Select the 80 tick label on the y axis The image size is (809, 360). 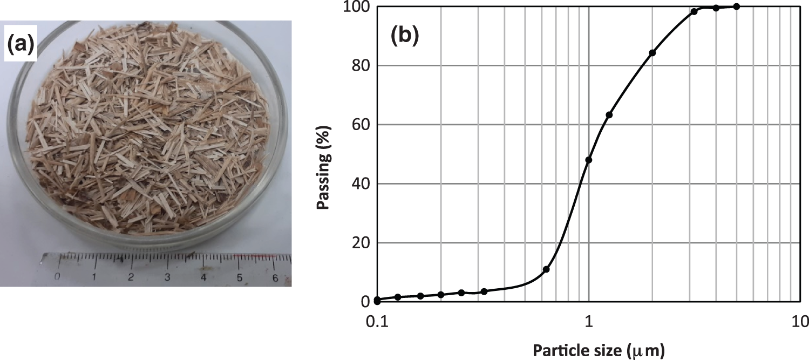(x=361, y=66)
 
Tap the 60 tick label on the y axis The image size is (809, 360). (x=361, y=125)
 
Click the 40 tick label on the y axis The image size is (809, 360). (x=361, y=184)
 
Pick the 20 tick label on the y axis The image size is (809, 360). (x=361, y=243)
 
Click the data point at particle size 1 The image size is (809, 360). (x=589, y=160)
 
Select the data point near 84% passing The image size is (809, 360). (x=652, y=53)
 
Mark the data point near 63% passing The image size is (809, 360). (x=609, y=115)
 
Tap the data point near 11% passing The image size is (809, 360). (x=546, y=269)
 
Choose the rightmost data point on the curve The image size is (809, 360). (x=737, y=6)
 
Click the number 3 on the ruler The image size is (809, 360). (x=167, y=277)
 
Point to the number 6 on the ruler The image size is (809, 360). (x=275, y=279)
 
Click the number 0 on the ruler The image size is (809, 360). (x=57, y=277)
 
